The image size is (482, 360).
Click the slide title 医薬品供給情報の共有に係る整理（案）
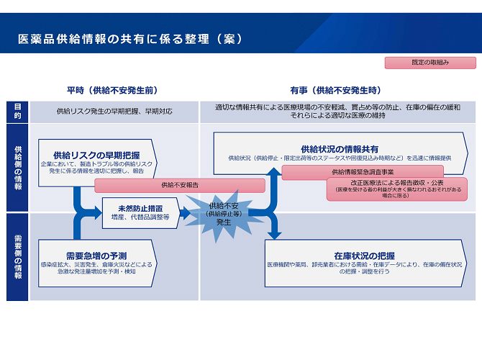[130, 38]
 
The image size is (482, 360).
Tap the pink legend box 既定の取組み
[430, 63]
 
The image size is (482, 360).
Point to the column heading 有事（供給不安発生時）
[335, 91]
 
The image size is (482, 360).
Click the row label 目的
[17, 111]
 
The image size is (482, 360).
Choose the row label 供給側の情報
[17, 167]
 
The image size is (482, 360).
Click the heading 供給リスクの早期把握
[96, 155]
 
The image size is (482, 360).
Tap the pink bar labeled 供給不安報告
[180, 185]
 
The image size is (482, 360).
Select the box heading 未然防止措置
[140, 208]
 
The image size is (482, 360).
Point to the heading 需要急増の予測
[96, 255]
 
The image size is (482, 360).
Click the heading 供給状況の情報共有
[340, 148]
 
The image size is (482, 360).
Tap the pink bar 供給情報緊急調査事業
[363, 172]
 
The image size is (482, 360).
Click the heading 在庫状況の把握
[364, 255]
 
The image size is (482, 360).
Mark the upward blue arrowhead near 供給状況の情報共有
[273, 173]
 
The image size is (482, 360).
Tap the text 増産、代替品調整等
[140, 217]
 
